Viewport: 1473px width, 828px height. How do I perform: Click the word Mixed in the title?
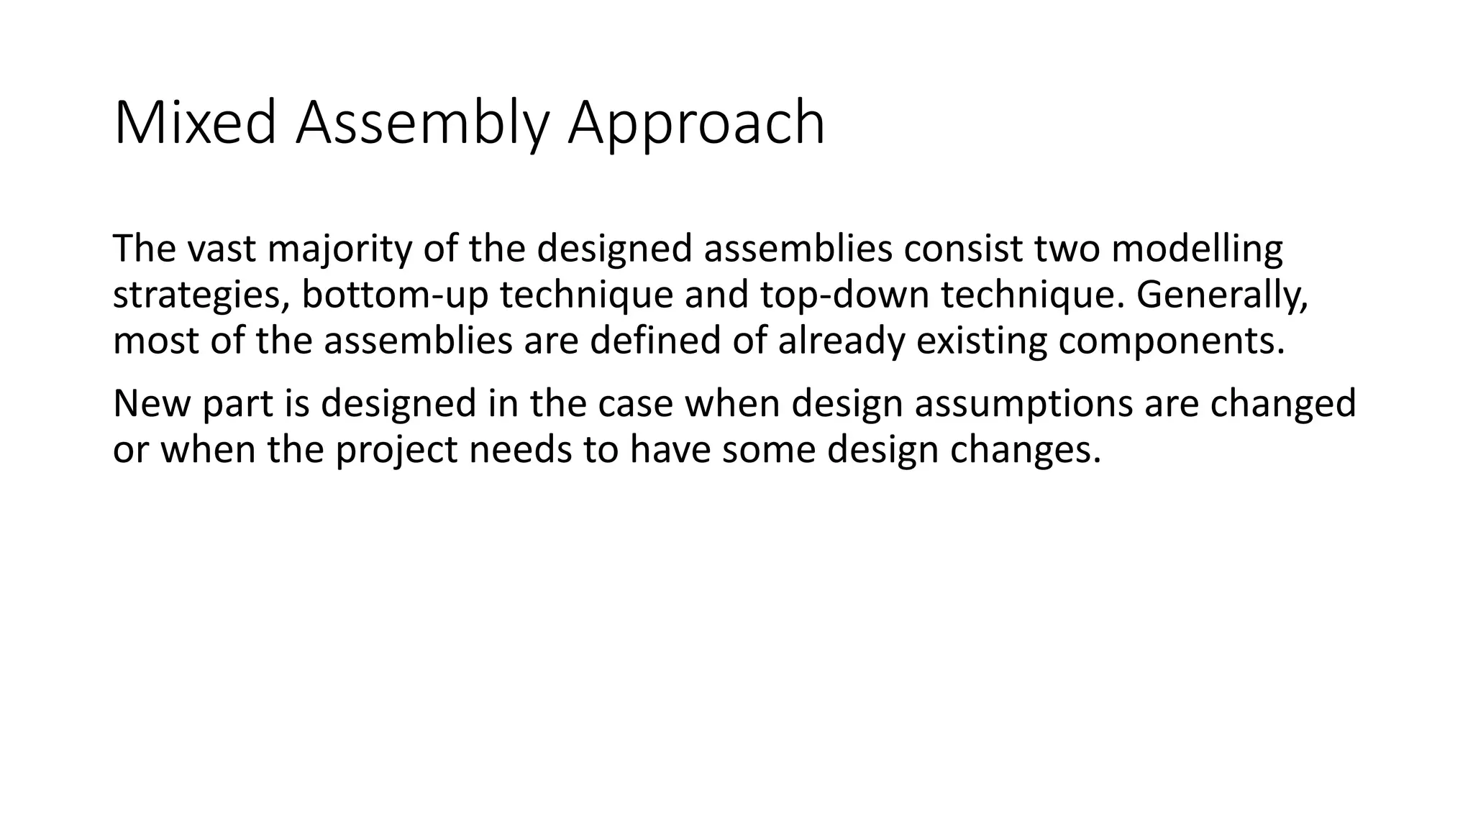pos(195,124)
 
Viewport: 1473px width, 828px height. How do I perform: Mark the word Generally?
pos(1221,295)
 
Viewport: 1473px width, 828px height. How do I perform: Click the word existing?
pos(981,341)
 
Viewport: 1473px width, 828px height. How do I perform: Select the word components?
pos(1171,341)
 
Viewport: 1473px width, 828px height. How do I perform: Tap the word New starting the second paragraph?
pos(150,404)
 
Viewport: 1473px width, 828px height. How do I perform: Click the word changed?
pos(1282,404)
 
